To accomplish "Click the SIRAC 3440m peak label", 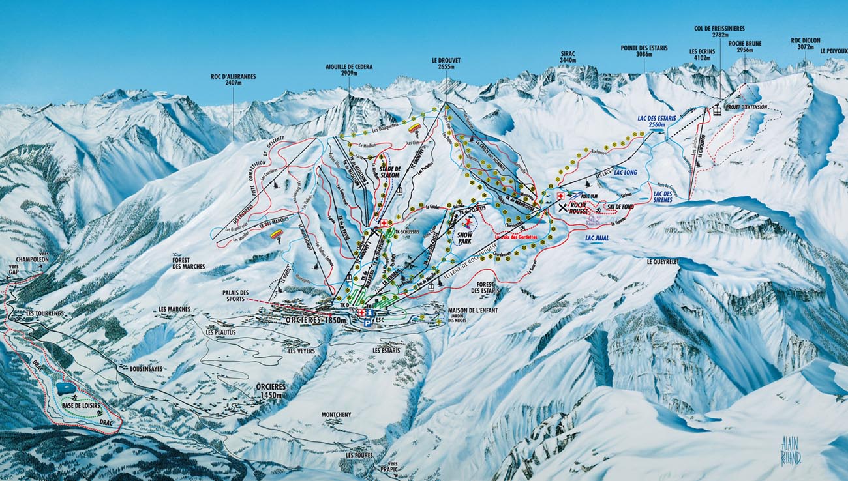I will tap(568, 57).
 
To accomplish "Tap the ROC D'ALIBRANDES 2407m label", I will tap(233, 80).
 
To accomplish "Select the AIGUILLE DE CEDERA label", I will tap(348, 70).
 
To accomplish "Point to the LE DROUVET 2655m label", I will tap(446, 63).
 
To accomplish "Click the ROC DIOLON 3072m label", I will tap(805, 43).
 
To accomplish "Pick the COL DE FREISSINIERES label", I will tap(719, 32).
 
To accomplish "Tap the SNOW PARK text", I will tap(464, 235).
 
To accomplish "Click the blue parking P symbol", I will tap(368, 322).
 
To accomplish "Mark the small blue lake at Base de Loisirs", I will tap(66, 388).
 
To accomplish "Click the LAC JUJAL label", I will tap(597, 239).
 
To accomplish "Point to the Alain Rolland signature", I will tap(791, 450).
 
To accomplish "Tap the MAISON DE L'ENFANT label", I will tap(472, 310).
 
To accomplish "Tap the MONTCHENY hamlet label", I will tap(336, 415).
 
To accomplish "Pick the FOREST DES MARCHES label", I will tap(189, 263).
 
